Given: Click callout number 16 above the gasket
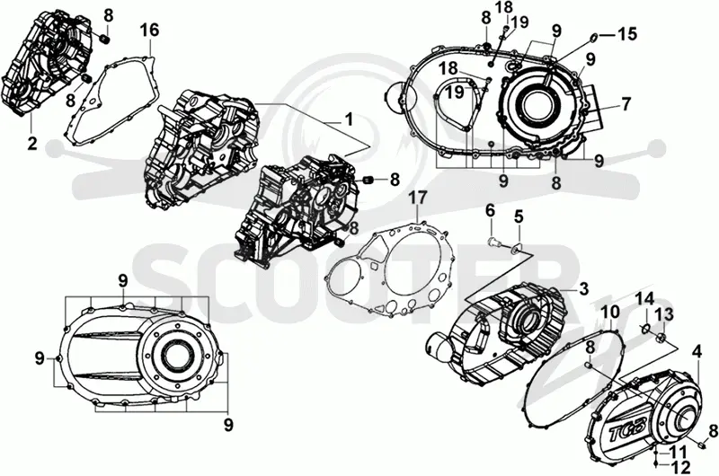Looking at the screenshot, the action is click(x=149, y=31).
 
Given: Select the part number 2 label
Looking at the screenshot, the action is click(x=31, y=143).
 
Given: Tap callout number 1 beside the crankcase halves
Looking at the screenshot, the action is click(x=349, y=120).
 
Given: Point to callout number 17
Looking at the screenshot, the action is click(x=419, y=198).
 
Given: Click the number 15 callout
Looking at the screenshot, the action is click(x=626, y=34).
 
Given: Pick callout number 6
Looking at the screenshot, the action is click(x=490, y=212).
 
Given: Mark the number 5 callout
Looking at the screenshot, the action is click(x=519, y=217).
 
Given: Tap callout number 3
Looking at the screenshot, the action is click(x=583, y=289).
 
